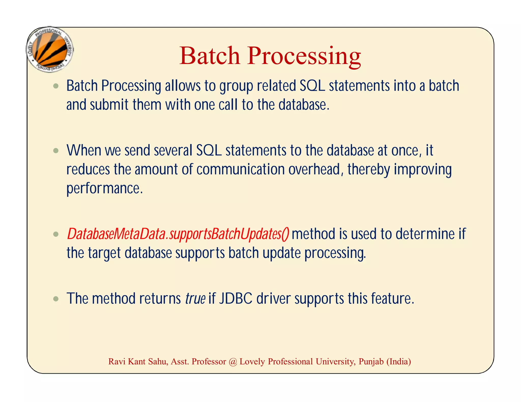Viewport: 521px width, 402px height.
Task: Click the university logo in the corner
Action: pyautogui.click(x=50, y=50)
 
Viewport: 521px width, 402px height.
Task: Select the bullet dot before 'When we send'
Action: pyautogui.click(x=56, y=151)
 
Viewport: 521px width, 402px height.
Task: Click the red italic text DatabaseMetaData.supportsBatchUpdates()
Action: pyautogui.click(x=178, y=234)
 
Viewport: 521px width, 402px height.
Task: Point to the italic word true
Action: pyautogui.click(x=195, y=299)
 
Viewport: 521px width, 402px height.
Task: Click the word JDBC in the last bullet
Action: pyautogui.click(x=236, y=299)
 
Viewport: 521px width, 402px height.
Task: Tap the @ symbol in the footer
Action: pyautogui.click(x=233, y=362)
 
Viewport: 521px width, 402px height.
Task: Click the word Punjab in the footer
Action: pyautogui.click(x=371, y=362)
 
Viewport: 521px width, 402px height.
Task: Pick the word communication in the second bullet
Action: pyautogui.click(x=240, y=169)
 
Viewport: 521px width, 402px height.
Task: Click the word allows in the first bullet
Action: pyautogui.click(x=183, y=86)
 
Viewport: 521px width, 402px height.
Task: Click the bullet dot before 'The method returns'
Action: pyautogui.click(x=56, y=299)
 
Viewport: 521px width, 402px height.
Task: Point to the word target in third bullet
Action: pyautogui.click(x=104, y=253)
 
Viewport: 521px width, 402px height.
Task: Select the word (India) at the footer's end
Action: pyautogui.click(x=399, y=362)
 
